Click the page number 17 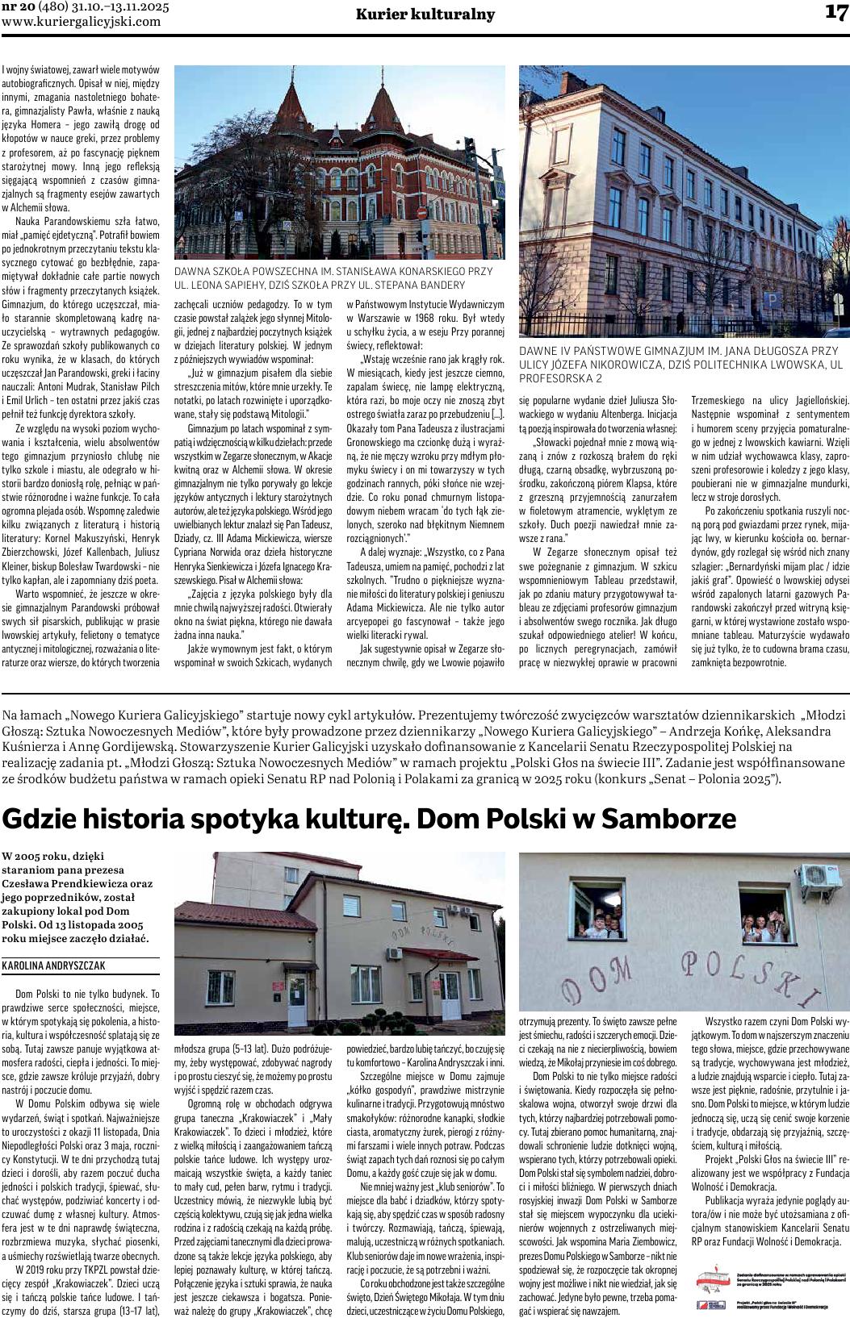[835, 13]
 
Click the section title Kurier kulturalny [425, 15]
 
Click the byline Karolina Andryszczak [54, 965]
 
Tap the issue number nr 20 [19, 7]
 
